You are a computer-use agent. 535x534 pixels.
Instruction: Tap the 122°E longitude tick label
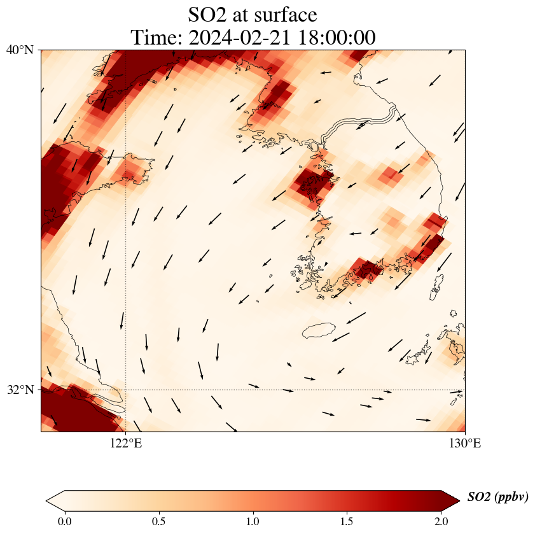click(125, 443)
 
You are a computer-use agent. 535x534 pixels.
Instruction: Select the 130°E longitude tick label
click(464, 443)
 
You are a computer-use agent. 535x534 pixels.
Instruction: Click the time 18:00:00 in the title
click(335, 38)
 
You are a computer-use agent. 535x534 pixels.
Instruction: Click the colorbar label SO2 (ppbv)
click(497, 497)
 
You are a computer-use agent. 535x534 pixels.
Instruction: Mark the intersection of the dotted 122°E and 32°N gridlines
click(125, 390)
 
